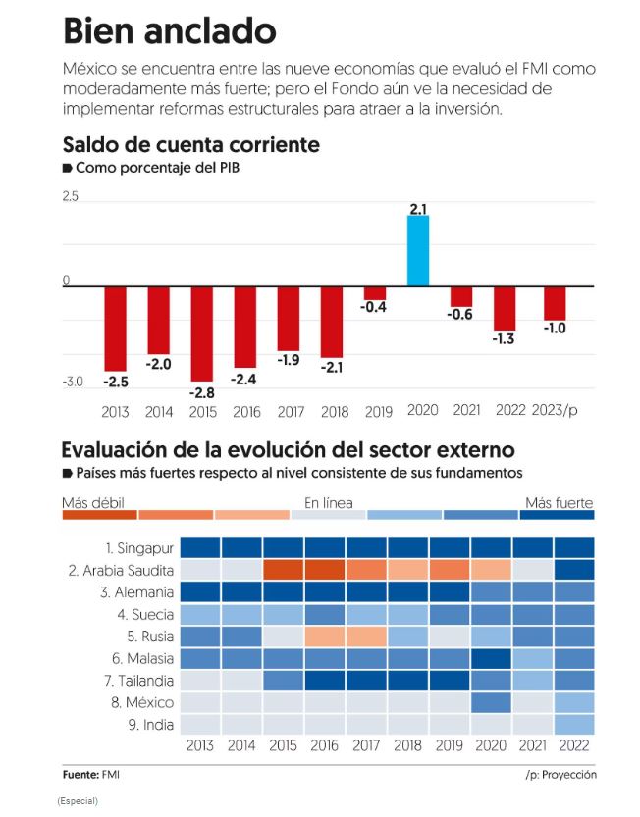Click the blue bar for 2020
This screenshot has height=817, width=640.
tap(418, 250)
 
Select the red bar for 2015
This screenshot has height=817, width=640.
tap(202, 333)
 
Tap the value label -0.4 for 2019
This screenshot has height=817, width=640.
tap(373, 307)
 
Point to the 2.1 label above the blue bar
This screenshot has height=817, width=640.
tap(418, 208)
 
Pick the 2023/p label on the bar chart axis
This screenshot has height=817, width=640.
tap(556, 410)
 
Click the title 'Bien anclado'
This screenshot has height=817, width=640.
tap(169, 30)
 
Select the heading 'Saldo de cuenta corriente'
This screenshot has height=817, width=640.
tap(190, 144)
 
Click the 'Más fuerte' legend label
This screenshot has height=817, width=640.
tap(559, 503)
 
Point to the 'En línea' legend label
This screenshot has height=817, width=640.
tap(328, 503)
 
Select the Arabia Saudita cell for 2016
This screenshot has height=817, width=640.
tap(326, 570)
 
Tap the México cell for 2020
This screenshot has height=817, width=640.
tap(491, 702)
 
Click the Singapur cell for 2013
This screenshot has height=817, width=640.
tap(200, 547)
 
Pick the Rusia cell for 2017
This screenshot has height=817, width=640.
tap(367, 636)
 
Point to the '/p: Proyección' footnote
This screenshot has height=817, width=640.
tap(560, 775)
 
